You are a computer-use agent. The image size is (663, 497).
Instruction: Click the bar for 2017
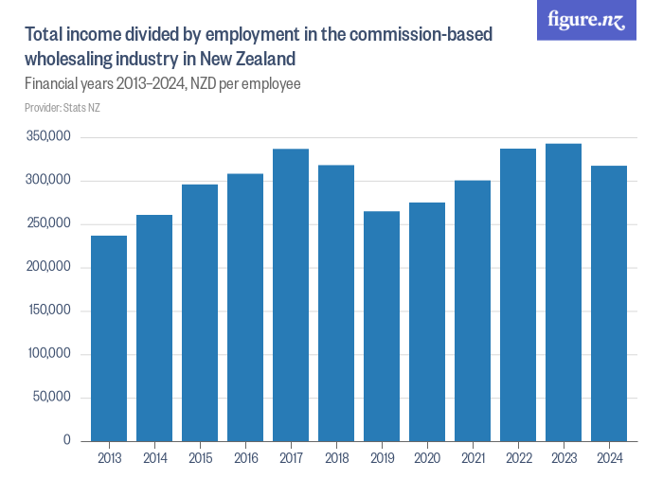pos(291,294)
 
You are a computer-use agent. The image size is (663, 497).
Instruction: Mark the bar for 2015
pos(200,312)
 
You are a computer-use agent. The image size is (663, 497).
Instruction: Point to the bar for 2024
pos(609,303)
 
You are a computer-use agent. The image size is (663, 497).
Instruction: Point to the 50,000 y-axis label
pos(52,397)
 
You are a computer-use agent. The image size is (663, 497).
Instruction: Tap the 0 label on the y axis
pos(66,440)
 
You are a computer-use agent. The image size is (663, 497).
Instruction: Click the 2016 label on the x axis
pos(245,459)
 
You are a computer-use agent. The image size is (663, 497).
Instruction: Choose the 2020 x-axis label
pos(427,459)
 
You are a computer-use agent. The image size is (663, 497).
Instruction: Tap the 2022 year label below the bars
pos(518,459)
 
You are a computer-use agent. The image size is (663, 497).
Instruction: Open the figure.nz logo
pos(587,20)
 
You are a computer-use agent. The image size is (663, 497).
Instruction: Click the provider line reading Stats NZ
pos(63,108)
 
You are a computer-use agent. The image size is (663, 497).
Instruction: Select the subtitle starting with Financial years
pos(163,84)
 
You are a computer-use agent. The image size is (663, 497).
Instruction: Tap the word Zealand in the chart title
pos(249,59)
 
